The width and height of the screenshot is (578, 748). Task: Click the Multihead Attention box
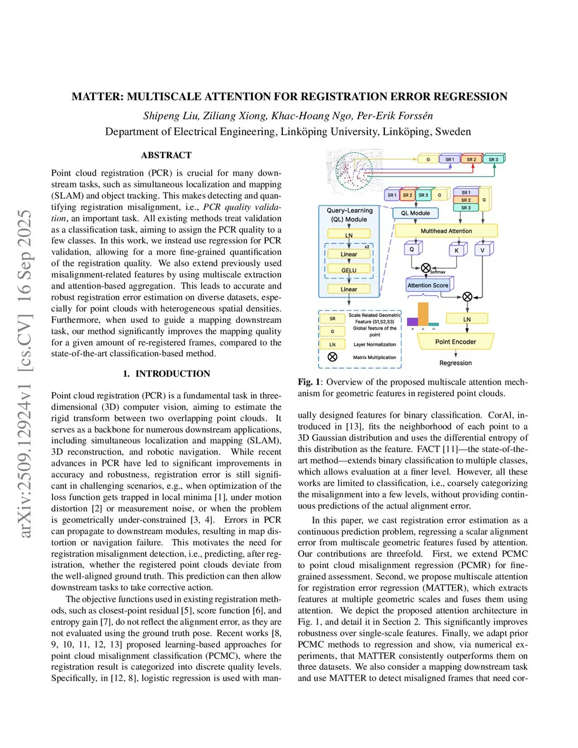[x=446, y=231]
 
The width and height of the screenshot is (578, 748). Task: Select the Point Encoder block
[x=456, y=342]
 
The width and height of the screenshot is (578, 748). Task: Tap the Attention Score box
[x=428, y=286]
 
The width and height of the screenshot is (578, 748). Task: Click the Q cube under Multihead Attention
[x=412, y=249]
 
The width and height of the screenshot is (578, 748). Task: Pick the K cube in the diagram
[x=457, y=250]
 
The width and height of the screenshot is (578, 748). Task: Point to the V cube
[x=483, y=250]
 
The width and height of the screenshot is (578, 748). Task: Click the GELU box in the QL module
[x=349, y=270]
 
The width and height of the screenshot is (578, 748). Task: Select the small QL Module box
[x=415, y=213]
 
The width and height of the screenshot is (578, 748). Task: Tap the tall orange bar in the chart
[x=423, y=314]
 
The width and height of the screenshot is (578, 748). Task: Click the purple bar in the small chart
[x=413, y=322]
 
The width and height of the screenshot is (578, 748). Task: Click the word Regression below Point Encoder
[x=456, y=363]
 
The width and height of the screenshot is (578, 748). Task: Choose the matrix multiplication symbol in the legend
[x=332, y=357]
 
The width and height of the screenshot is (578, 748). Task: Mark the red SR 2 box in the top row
[x=471, y=159]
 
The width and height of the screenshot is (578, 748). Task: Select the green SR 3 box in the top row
[x=493, y=159]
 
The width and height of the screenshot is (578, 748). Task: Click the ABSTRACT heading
[x=166, y=155]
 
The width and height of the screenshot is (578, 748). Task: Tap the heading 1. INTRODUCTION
[x=167, y=374]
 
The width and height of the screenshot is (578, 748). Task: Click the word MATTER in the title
[x=97, y=97]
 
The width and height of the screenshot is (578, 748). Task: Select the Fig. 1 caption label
[x=309, y=382]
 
